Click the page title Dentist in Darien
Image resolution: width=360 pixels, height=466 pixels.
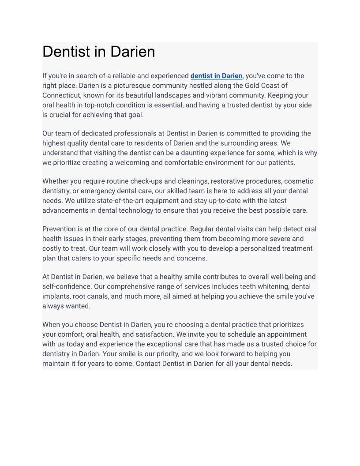99,52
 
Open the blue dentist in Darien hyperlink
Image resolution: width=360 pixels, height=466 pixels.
216,76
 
